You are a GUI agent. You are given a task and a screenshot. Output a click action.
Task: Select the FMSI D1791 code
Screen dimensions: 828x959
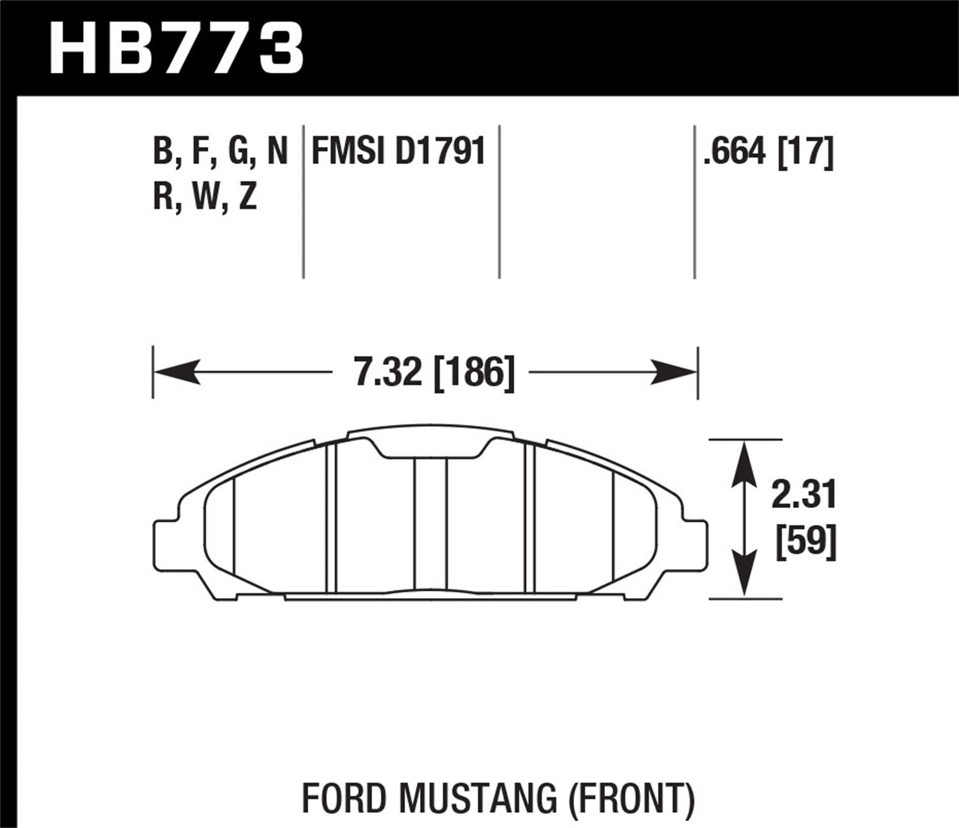(398, 152)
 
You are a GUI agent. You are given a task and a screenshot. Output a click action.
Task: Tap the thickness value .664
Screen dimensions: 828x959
(734, 153)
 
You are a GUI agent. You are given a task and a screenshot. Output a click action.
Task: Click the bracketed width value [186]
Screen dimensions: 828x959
(474, 372)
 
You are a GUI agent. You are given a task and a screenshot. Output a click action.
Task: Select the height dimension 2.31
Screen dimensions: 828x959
(804, 495)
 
